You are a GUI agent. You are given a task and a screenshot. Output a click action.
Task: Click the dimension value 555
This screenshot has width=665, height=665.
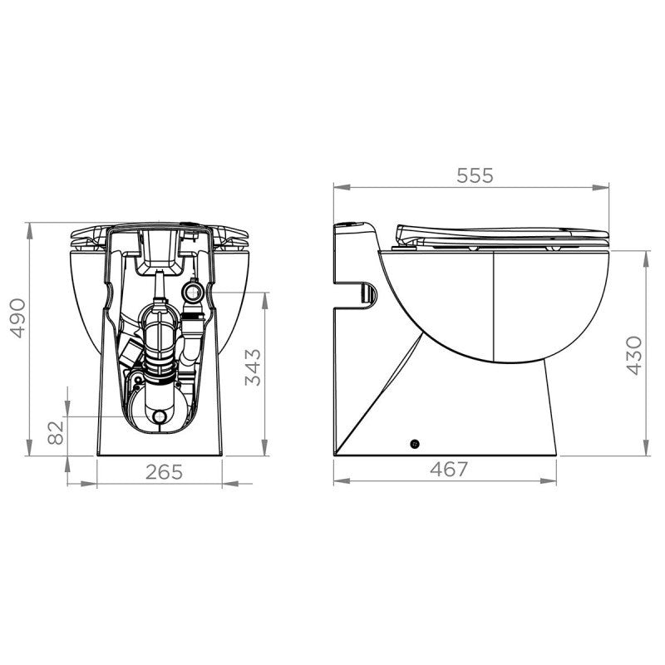pyautogui.click(x=475, y=175)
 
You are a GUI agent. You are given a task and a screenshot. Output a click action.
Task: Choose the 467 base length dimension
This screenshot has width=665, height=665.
pyautogui.click(x=450, y=469)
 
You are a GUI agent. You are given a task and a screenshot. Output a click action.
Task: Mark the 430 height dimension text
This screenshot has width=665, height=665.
pyautogui.click(x=633, y=355)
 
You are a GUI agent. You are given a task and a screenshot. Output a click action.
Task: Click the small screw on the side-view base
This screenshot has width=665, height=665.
pyautogui.click(x=416, y=444)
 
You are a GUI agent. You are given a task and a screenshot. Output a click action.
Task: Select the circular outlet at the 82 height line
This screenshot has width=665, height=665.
pyautogui.click(x=160, y=416)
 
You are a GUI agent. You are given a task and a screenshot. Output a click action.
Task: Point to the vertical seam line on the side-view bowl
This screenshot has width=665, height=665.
pyautogui.click(x=494, y=308)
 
